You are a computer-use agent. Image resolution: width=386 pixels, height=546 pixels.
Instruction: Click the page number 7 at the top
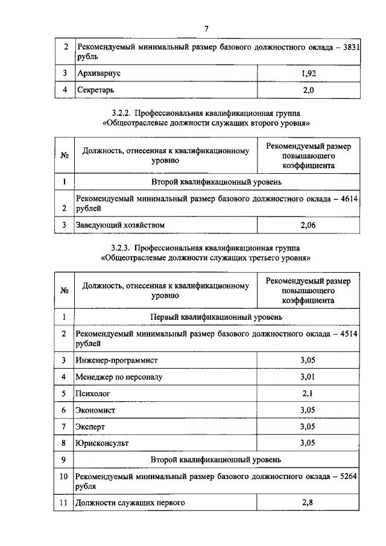(206, 28)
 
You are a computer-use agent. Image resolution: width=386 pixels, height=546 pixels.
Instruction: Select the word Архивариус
(99, 73)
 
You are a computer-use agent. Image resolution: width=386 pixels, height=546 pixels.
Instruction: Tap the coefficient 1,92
(308, 73)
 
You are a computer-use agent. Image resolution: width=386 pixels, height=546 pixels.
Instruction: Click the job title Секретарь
(95, 90)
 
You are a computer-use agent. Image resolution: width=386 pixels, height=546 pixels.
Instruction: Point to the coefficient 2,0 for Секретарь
(308, 90)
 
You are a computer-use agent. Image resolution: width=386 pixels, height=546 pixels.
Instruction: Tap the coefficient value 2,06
(308, 225)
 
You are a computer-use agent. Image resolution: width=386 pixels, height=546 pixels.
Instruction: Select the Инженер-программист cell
(116, 360)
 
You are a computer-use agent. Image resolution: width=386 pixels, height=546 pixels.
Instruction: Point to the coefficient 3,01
(308, 377)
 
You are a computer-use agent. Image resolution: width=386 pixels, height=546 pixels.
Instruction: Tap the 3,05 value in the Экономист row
(308, 410)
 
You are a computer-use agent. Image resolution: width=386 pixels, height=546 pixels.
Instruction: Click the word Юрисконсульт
(103, 443)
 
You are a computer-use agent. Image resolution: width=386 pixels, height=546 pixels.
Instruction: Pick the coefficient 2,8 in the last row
(308, 503)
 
